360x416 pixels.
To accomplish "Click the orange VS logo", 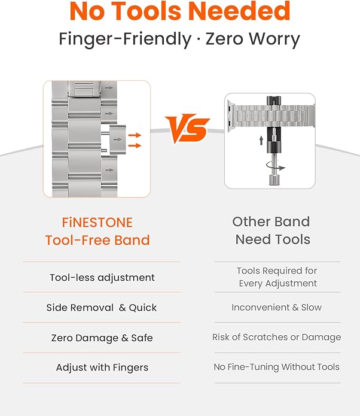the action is (x=187, y=129).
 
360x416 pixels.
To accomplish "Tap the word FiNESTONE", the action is (x=97, y=223).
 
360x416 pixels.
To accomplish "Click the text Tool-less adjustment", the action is (x=102, y=278).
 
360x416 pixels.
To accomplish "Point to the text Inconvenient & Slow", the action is (x=276, y=307).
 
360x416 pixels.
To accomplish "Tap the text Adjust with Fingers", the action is (x=102, y=368).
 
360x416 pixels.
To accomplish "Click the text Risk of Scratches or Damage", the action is (x=276, y=337).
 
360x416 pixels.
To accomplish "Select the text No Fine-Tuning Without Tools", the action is (x=276, y=367).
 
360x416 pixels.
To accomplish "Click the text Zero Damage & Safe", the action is (x=102, y=338).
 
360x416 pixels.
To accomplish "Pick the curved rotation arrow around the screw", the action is (x=276, y=166).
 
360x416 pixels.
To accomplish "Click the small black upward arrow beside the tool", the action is (x=261, y=140).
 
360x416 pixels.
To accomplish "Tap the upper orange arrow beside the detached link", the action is (x=135, y=135).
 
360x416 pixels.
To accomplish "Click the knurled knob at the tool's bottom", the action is (x=274, y=180).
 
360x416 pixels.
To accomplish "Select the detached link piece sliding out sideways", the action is (x=117, y=139).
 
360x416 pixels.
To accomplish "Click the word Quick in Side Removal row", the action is (x=142, y=308).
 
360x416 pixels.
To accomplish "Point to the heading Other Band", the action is (x=271, y=221).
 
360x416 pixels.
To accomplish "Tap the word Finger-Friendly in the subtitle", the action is (x=125, y=39).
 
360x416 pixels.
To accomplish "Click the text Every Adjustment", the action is (x=278, y=283).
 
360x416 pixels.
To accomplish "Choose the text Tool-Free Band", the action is (x=97, y=240).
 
